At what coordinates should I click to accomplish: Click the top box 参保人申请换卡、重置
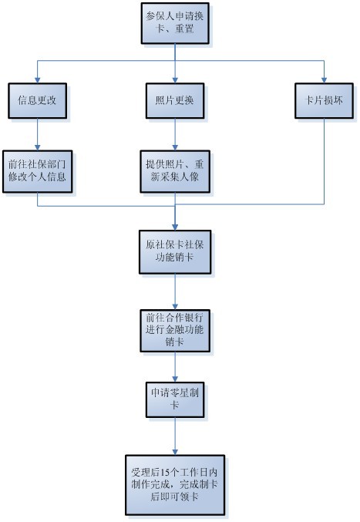175,23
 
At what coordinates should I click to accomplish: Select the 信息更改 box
36,100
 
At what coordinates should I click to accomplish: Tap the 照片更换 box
175,100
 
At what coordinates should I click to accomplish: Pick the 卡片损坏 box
324,100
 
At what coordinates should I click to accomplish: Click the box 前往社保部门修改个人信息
36,171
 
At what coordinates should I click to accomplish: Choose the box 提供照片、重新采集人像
175,171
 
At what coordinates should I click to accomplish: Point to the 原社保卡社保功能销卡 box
175,251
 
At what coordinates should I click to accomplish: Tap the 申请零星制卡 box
175,399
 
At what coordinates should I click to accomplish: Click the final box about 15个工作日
175,484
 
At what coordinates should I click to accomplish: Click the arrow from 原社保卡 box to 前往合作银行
175,289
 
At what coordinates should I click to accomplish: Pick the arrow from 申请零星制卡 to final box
175,436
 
